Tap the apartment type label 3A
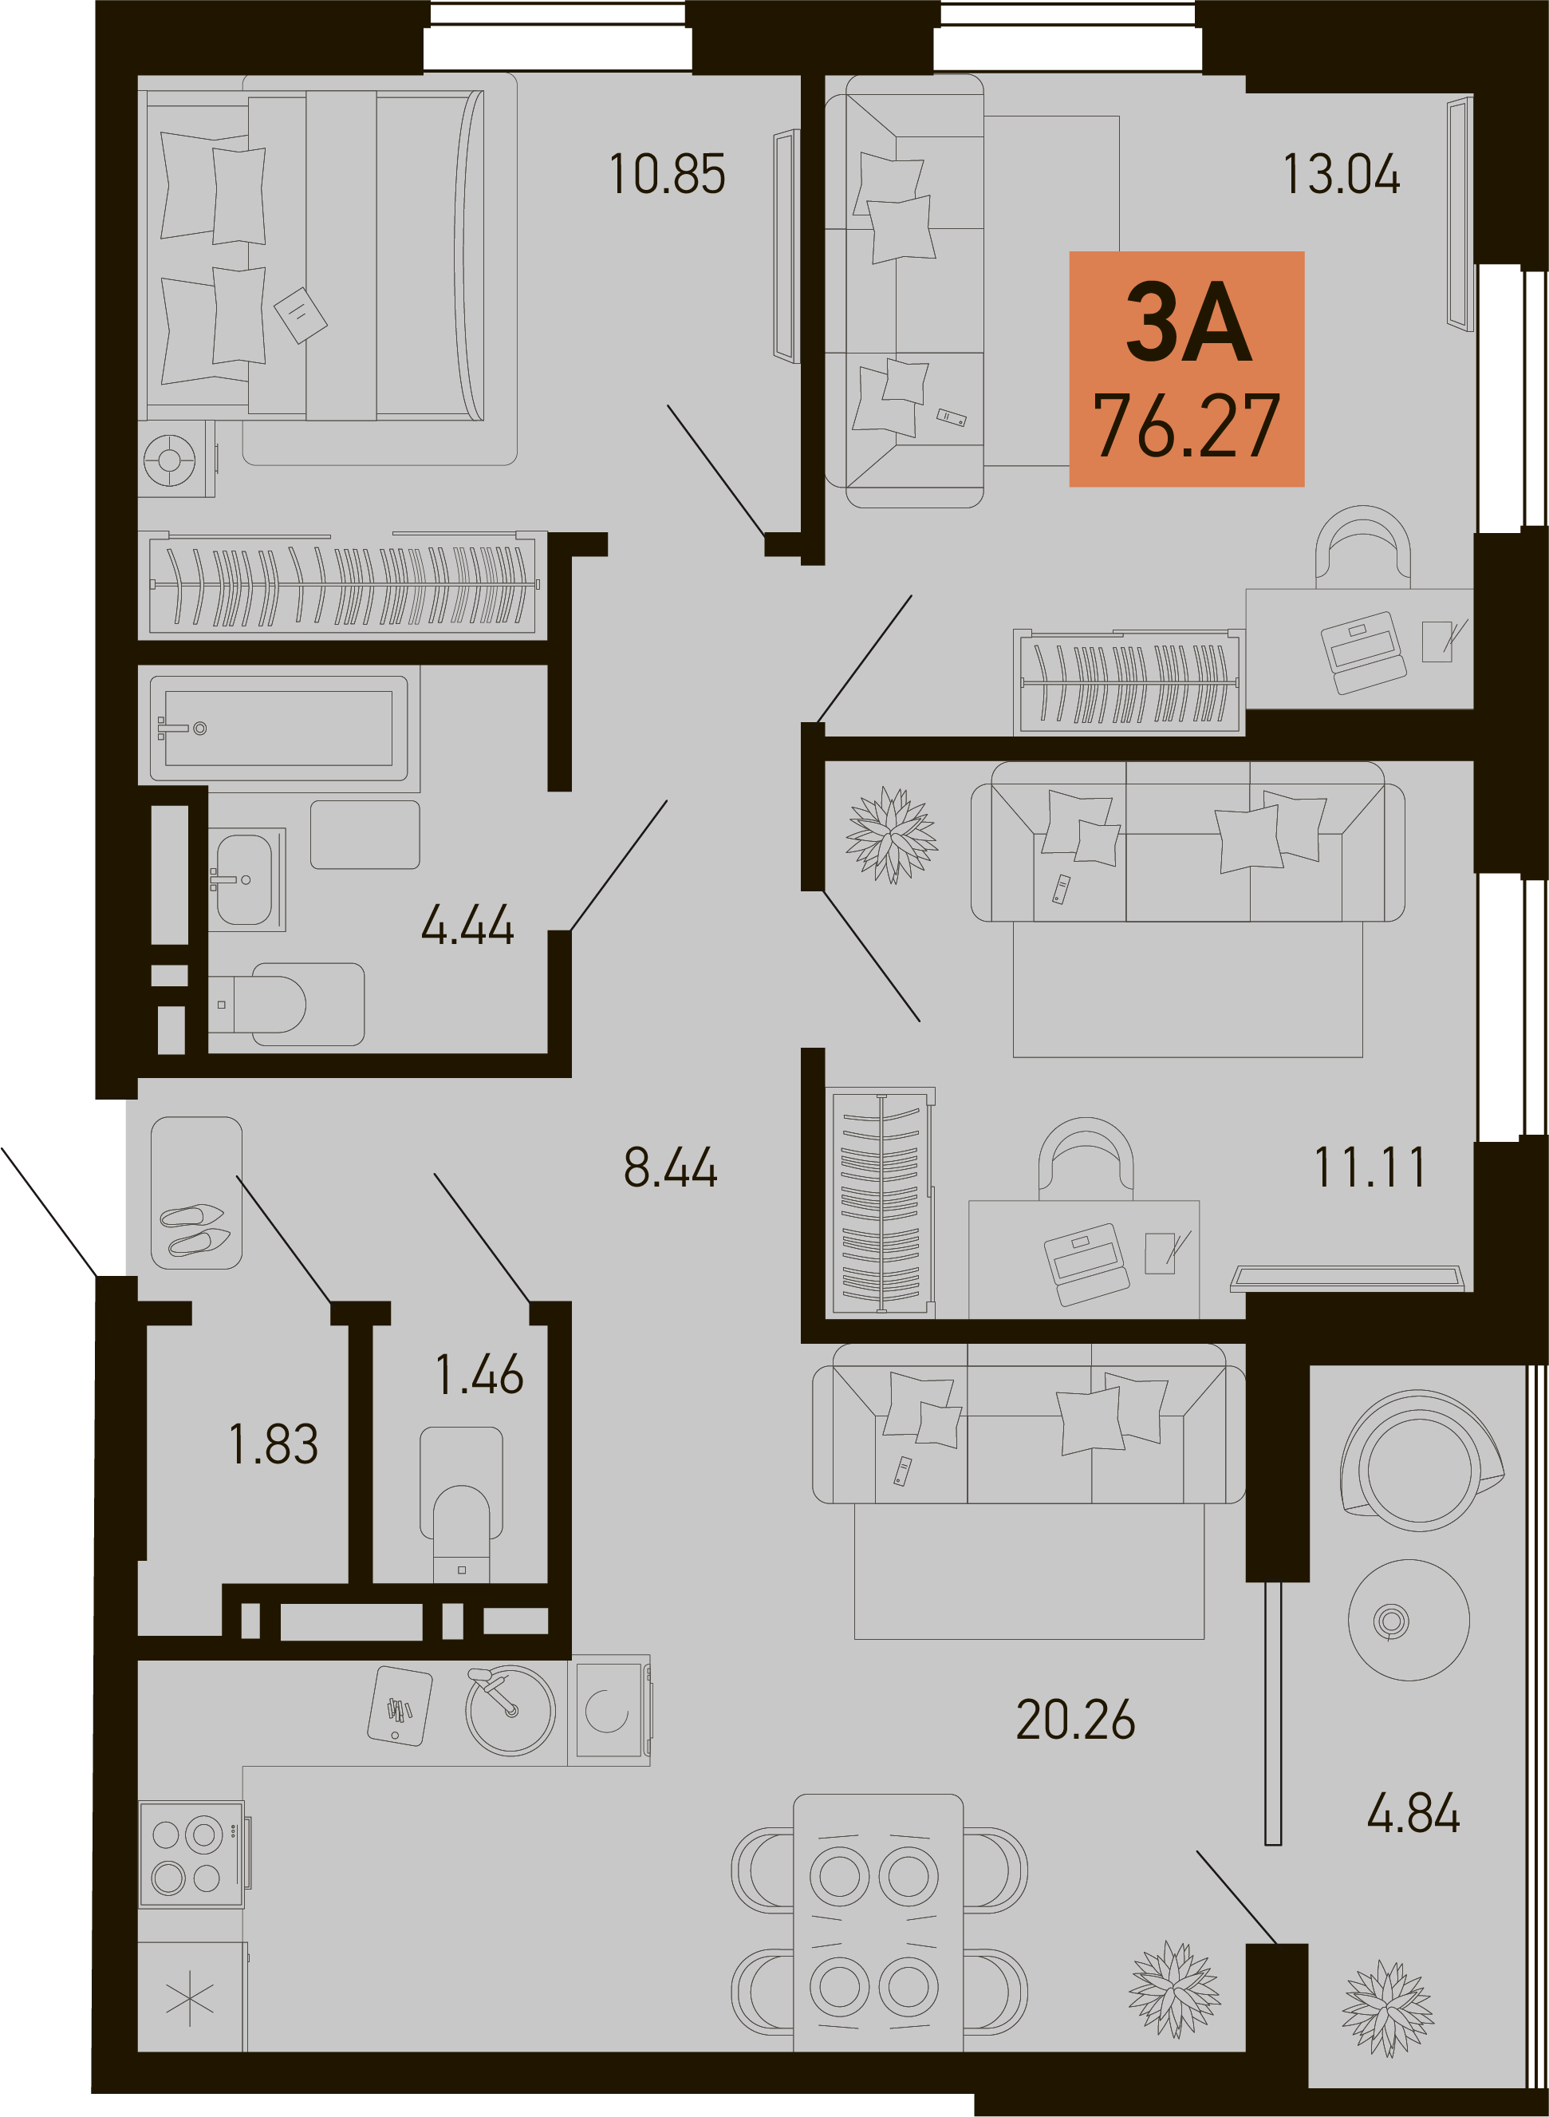1189,322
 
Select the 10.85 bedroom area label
667,175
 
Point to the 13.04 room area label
1341,175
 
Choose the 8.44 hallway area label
671,1167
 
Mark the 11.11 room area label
1370,1167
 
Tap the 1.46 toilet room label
479,1375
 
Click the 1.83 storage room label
274,1444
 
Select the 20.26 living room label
1075,1720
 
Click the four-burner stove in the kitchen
193,1854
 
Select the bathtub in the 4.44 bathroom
278,729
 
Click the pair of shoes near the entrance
195,1229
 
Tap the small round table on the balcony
1409,1620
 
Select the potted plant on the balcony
1388,2009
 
